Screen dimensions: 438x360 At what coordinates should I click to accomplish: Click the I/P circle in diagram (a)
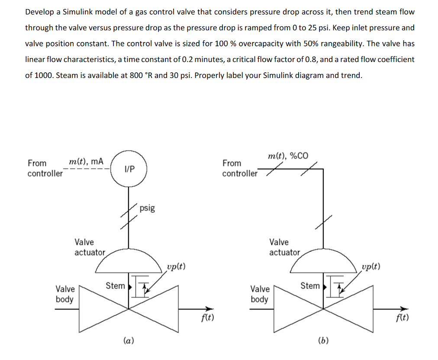click(129, 169)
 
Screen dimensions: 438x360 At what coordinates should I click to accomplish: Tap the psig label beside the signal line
click(147, 208)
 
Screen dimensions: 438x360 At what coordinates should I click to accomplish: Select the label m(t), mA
click(86, 162)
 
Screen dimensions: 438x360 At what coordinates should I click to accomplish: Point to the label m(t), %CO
click(288, 156)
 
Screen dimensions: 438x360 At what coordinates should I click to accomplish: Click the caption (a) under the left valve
click(129, 341)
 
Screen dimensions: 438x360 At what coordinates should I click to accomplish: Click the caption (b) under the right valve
click(323, 341)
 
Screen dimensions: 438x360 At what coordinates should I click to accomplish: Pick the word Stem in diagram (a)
click(115, 285)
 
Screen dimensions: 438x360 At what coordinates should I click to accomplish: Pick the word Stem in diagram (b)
click(310, 285)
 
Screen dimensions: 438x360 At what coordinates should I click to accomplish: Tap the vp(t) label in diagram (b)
click(371, 266)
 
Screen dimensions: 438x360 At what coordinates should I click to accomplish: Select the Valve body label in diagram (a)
click(65, 294)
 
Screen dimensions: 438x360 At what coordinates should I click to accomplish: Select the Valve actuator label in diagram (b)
click(284, 247)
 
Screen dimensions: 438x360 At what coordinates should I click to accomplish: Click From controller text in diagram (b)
click(239, 168)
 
